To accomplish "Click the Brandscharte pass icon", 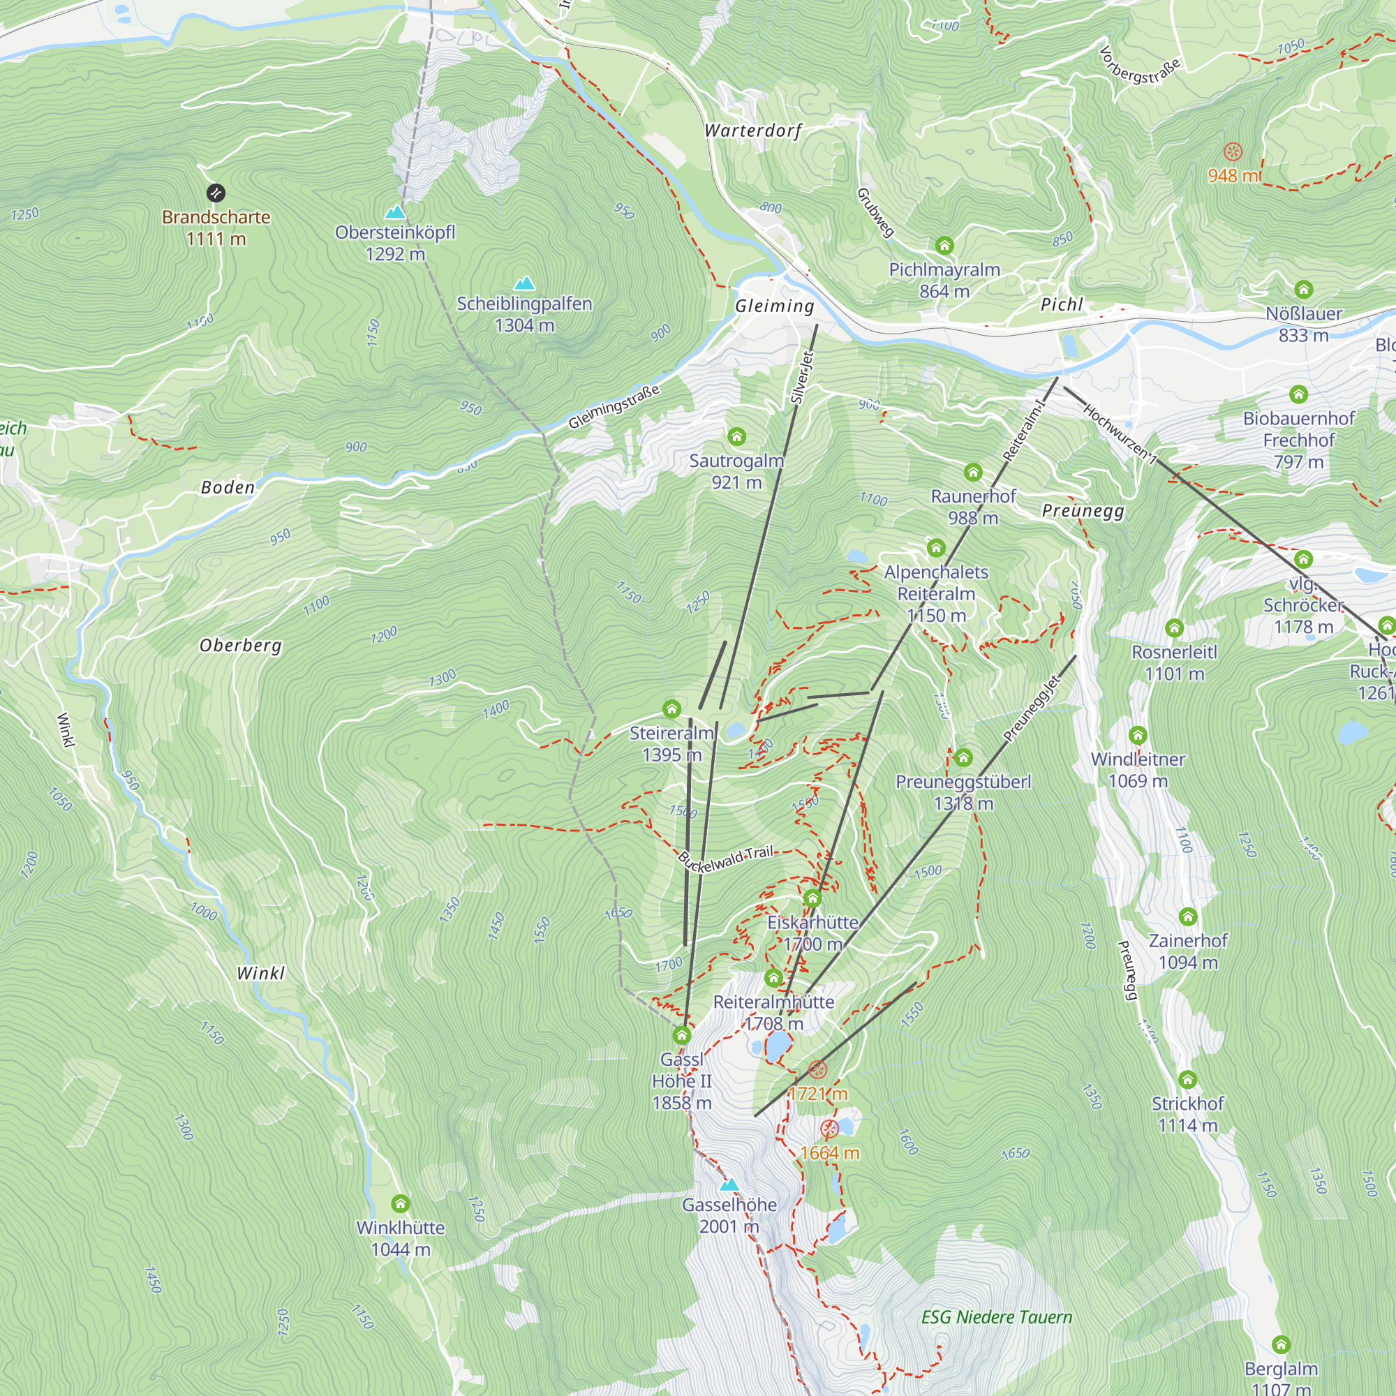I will [x=215, y=193].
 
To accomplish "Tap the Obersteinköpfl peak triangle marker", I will [x=394, y=211].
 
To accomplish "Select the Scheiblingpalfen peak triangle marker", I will [x=525, y=283].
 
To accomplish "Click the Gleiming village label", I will [x=775, y=306].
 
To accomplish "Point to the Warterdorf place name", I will [x=753, y=131].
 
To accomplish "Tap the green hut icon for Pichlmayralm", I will [x=944, y=246].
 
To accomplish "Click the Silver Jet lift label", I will [x=801, y=377].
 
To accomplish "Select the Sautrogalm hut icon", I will [x=736, y=436].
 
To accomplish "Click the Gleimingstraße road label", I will [x=614, y=407].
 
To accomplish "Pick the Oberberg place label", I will [x=241, y=645].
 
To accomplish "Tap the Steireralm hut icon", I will [x=672, y=709].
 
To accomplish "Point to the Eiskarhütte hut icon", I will [x=812, y=899].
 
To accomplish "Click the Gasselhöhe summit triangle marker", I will [x=729, y=1185].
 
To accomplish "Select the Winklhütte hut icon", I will [x=400, y=1204].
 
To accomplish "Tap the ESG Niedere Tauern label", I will [x=997, y=1317].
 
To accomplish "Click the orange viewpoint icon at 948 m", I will [x=1233, y=151].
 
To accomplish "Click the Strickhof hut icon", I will [x=1188, y=1081].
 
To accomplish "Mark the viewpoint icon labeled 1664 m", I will [x=829, y=1129].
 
